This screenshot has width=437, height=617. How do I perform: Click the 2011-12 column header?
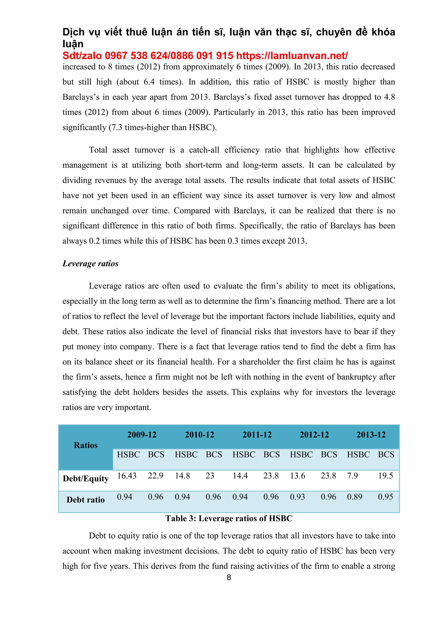pyautogui.click(x=257, y=435)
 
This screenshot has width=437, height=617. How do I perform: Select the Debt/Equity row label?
pyautogui.click(x=86, y=479)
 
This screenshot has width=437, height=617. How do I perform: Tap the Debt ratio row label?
pyautogui.click(x=86, y=500)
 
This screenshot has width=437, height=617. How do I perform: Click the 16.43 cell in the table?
pyautogui.click(x=127, y=476)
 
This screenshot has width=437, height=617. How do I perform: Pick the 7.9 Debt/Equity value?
pyautogui.click(x=352, y=476)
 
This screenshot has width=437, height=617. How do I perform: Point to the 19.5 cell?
pyautogui.click(x=385, y=476)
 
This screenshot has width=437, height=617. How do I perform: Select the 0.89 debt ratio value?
pyautogui.click(x=354, y=497)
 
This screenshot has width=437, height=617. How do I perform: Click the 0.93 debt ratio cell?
pyautogui.click(x=297, y=497)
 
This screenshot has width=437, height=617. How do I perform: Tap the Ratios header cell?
pyautogui.click(x=86, y=445)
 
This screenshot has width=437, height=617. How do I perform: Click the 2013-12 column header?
pyautogui.click(x=371, y=435)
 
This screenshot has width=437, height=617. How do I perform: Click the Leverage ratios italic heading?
pyautogui.click(x=90, y=263)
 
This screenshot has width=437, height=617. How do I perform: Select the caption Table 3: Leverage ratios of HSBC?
pyautogui.click(x=229, y=518)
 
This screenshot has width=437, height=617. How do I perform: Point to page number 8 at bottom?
pyautogui.click(x=229, y=577)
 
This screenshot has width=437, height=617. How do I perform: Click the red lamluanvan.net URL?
pyautogui.click(x=292, y=56)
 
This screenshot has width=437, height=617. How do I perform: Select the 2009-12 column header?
pyautogui.click(x=142, y=435)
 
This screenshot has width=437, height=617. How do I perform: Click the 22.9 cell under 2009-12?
pyautogui.click(x=155, y=476)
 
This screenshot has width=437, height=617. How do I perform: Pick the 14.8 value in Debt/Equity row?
pyautogui.click(x=182, y=476)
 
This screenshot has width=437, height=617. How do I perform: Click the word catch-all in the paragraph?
pyautogui.click(x=204, y=150)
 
